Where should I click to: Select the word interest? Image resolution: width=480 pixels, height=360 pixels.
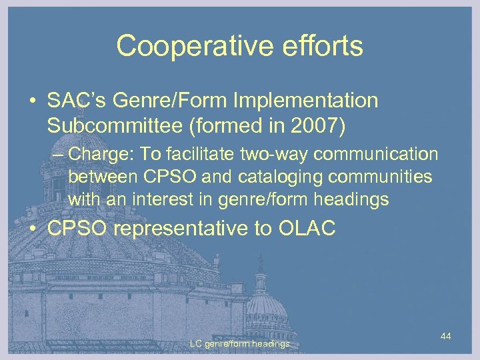click(162, 199)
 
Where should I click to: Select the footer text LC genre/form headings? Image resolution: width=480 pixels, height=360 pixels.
click(239, 344)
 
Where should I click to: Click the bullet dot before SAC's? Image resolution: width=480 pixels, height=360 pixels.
click(33, 102)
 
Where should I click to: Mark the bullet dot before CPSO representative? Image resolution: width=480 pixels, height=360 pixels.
click(33, 230)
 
